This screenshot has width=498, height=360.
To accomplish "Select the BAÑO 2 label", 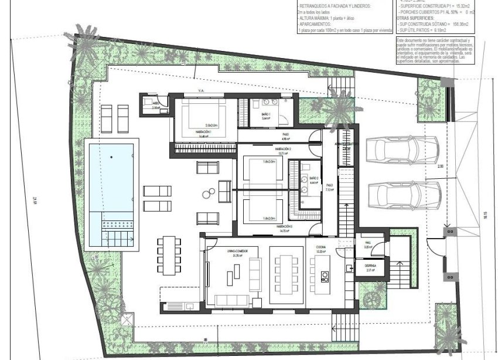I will pos(313,179).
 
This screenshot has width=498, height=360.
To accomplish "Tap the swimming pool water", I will pos(111,176).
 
